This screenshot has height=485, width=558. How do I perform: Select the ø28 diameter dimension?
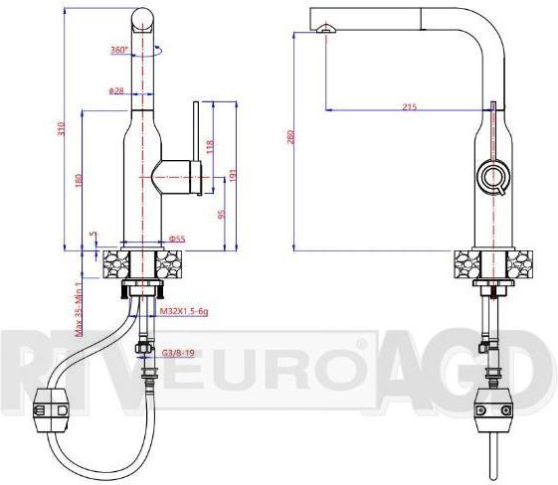tap(117, 90)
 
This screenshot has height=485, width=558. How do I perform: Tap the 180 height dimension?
tap(78, 181)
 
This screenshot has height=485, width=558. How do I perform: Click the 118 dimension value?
tap(209, 146)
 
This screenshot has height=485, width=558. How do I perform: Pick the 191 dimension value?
tap(231, 175)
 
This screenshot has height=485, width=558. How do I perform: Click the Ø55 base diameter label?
tap(177, 239)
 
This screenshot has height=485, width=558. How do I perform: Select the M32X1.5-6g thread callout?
tap(184, 311)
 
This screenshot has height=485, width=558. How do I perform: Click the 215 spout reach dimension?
tap(409, 106)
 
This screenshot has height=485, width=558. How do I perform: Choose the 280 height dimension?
tap(291, 138)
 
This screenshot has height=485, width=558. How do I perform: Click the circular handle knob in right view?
tap(492, 178)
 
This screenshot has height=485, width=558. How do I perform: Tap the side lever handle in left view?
tap(198, 139)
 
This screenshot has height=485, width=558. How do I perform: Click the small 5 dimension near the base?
tap(92, 236)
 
